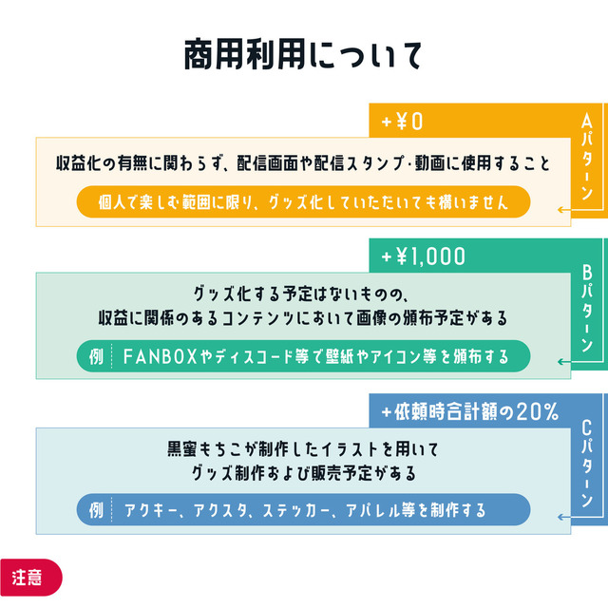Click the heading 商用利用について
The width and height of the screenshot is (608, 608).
click(303, 56)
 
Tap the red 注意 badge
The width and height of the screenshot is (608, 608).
click(28, 577)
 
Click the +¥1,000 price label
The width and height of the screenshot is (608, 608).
click(424, 256)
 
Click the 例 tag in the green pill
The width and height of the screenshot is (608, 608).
click(95, 356)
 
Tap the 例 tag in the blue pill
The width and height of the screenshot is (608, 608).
click(95, 510)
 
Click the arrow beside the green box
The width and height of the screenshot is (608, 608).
click(564, 361)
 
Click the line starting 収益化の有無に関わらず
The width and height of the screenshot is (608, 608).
click(302, 163)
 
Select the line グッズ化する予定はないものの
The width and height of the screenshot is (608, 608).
click(301, 294)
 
